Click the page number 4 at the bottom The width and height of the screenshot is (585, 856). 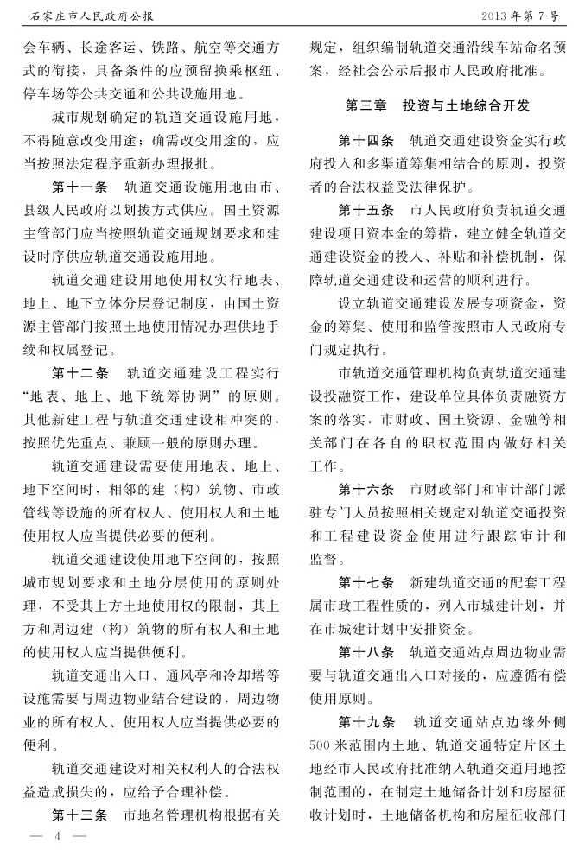[56, 837]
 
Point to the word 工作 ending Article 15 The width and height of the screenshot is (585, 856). [322, 466]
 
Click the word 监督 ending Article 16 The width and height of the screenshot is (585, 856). [322, 559]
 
